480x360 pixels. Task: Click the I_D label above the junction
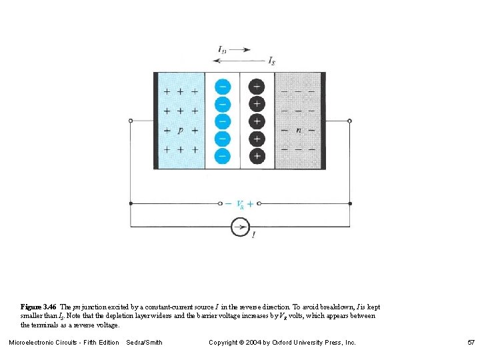point(222,49)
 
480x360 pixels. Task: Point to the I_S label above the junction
point(271,61)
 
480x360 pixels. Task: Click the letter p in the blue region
point(180,131)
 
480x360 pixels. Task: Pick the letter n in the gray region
point(298,130)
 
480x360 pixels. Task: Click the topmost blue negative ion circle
point(223,87)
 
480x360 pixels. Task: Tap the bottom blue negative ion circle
point(223,156)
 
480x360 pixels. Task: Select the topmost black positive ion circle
point(257,87)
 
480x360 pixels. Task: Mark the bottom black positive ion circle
point(257,156)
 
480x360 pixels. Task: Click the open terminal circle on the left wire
point(130,121)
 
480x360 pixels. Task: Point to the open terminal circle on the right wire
point(350,121)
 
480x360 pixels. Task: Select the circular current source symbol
point(240,227)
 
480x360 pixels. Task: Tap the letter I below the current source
point(253,235)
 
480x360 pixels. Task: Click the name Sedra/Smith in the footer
point(144,343)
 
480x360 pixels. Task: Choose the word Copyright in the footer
point(225,343)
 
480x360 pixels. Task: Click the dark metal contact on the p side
point(156,121)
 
